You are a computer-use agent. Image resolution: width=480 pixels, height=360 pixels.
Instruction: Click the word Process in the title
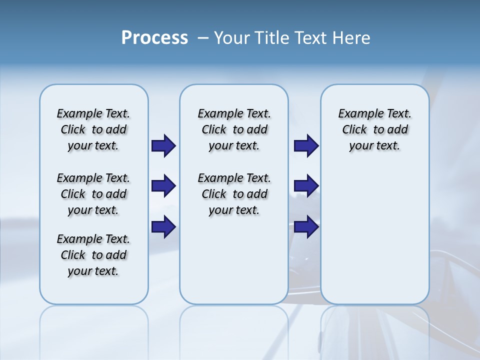(154, 37)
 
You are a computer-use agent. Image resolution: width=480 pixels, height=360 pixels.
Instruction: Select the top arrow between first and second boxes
(163, 145)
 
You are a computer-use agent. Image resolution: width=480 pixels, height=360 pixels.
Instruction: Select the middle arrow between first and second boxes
(163, 186)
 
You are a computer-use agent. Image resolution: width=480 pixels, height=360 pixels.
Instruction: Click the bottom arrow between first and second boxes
(163, 227)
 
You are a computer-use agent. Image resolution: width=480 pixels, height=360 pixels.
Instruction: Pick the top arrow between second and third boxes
(306, 145)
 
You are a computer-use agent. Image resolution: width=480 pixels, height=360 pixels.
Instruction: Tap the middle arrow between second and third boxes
(306, 186)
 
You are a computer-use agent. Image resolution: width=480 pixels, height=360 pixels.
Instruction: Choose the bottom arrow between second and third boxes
(306, 227)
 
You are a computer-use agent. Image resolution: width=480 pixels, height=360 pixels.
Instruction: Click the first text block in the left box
(93, 129)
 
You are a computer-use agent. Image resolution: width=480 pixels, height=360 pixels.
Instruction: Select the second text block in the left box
(93, 194)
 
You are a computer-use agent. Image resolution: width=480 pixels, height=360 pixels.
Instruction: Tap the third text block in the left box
(93, 255)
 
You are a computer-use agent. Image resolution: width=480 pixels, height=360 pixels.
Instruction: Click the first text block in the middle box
(234, 129)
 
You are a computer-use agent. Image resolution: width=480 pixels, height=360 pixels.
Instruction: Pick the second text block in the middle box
(234, 194)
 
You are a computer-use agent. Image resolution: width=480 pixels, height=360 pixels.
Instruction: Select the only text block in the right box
(374, 129)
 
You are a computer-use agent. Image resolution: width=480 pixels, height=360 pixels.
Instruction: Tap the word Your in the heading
(230, 38)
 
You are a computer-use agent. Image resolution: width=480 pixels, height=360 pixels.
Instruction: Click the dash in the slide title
(202, 38)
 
